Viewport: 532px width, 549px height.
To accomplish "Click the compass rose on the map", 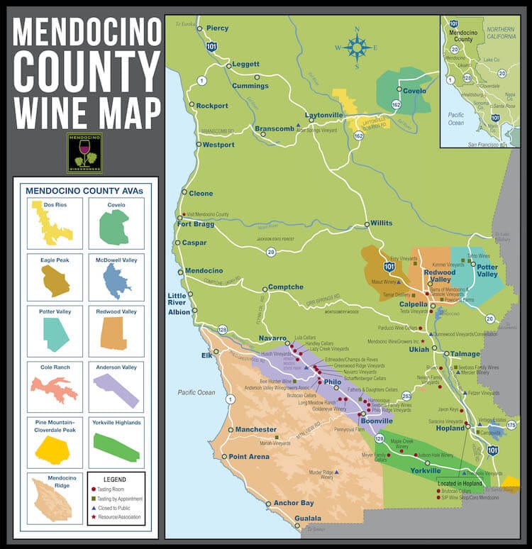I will (x=357, y=48).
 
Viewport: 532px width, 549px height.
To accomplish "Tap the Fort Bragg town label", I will (x=196, y=225).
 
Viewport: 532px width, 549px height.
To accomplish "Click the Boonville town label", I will (x=377, y=420).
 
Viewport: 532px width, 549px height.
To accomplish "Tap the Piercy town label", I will (x=217, y=28).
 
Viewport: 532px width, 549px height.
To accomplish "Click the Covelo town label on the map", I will (x=414, y=91).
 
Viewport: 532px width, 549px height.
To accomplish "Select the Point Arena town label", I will (x=249, y=457).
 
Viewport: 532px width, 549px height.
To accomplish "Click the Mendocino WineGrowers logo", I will (x=84, y=152).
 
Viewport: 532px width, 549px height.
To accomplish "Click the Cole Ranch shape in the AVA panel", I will (x=52, y=389).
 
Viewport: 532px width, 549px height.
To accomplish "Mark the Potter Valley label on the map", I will (x=487, y=270).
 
